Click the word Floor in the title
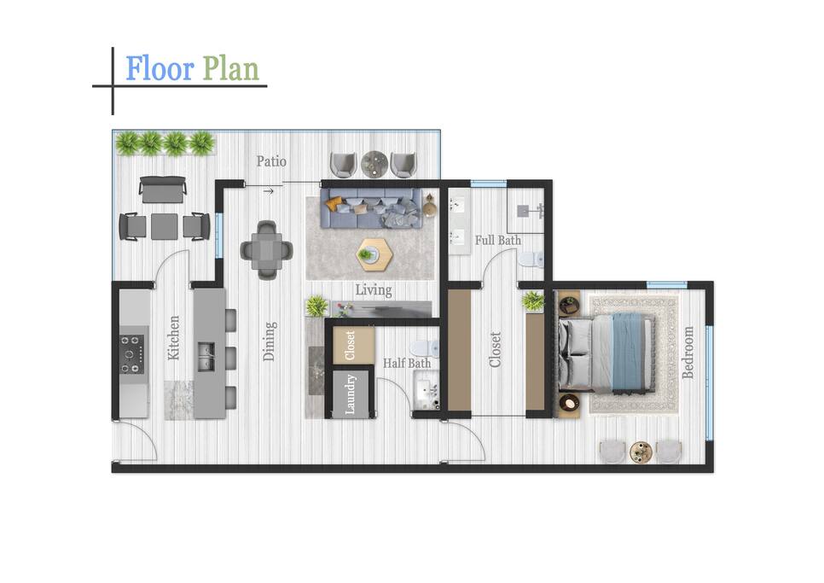tap(160, 69)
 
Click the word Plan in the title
tap(230, 69)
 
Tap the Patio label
tap(271, 161)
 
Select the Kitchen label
tap(173, 337)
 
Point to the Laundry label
tap(351, 394)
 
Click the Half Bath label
tap(407, 364)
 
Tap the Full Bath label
tap(498, 240)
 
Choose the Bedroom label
tap(688, 353)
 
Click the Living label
tap(374, 290)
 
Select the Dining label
tap(269, 341)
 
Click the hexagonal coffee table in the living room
tap(375, 254)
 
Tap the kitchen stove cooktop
tap(132, 354)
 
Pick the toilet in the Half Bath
tap(424, 348)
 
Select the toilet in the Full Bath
tap(531, 259)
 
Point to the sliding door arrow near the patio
tap(268, 191)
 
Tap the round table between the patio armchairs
tap(374, 164)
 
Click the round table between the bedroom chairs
tap(641, 452)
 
